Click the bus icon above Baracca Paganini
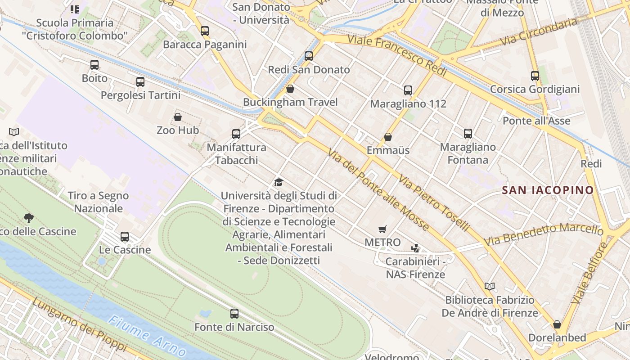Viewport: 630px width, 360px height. tap(205, 31)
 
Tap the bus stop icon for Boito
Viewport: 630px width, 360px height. tap(94, 65)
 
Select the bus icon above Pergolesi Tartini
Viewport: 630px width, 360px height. tap(140, 82)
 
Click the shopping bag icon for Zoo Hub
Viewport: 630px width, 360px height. tap(178, 117)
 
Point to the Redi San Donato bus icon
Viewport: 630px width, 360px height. tap(309, 56)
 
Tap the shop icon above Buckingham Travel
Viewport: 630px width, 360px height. tap(290, 89)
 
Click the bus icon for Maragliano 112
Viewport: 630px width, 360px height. tap(408, 90)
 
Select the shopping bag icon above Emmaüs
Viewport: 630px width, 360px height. tap(388, 137)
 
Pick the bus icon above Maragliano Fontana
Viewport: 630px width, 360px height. tap(468, 134)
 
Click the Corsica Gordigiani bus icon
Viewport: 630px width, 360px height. tap(535, 76)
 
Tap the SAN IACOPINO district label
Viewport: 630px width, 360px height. tap(548, 190)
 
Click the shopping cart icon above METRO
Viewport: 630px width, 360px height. tap(382, 229)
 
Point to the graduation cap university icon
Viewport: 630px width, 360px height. tap(279, 182)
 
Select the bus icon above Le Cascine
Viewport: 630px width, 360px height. tap(125, 237)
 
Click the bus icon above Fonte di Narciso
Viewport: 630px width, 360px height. tap(234, 314)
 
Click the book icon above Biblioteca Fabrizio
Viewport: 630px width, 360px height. tap(490, 286)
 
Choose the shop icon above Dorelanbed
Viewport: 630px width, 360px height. tap(557, 324)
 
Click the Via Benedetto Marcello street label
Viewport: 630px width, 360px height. tap(543, 235)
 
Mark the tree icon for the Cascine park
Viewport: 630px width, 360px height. tap(29, 218)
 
